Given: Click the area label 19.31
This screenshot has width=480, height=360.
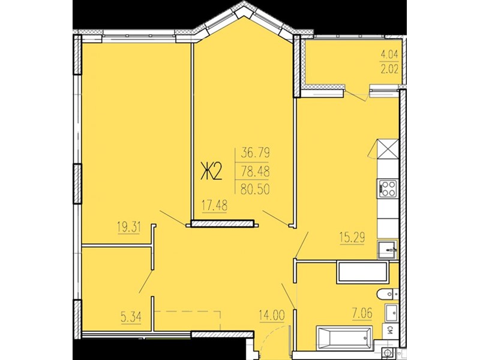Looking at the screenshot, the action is click(x=128, y=227).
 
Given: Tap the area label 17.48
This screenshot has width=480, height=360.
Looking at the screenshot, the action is click(x=214, y=205).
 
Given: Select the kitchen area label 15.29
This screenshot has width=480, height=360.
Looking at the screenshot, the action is click(x=352, y=237).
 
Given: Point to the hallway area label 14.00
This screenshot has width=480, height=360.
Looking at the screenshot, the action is click(x=272, y=316).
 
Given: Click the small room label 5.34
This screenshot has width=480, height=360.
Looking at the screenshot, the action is click(x=131, y=317).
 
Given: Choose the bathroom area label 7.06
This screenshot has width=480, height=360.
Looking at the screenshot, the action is click(x=362, y=313).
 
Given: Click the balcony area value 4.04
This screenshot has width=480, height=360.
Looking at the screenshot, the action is click(x=389, y=55).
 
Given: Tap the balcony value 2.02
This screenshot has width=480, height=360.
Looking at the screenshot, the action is click(x=389, y=70).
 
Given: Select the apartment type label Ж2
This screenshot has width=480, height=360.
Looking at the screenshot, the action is click(x=211, y=172).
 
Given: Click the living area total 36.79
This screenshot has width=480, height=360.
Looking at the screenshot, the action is click(x=256, y=153).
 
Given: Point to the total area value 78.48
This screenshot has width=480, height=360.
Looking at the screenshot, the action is click(x=256, y=172).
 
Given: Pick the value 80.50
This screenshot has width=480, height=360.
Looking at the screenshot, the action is click(x=256, y=190).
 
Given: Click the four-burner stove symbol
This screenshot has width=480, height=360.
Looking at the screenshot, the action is click(x=388, y=188).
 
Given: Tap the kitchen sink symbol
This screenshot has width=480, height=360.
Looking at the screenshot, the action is click(x=387, y=250).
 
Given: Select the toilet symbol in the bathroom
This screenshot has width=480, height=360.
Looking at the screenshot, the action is click(x=386, y=294).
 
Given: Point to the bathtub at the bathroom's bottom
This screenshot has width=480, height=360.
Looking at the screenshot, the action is click(x=344, y=338).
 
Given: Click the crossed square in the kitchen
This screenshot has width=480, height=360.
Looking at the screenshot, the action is click(x=388, y=149).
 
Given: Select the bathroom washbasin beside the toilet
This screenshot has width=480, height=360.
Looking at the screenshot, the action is click(x=391, y=313).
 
